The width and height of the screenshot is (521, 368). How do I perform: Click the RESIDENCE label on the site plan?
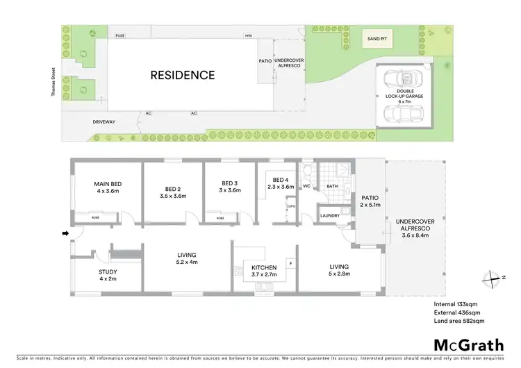point(183,74)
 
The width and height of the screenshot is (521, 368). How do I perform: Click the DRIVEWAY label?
point(104,122)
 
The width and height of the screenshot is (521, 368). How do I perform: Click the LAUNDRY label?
point(329,215)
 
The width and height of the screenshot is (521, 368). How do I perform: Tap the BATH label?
point(332,186)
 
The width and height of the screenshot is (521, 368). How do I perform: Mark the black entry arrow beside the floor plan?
point(65,233)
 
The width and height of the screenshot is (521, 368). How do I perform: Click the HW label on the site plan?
point(247,35)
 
